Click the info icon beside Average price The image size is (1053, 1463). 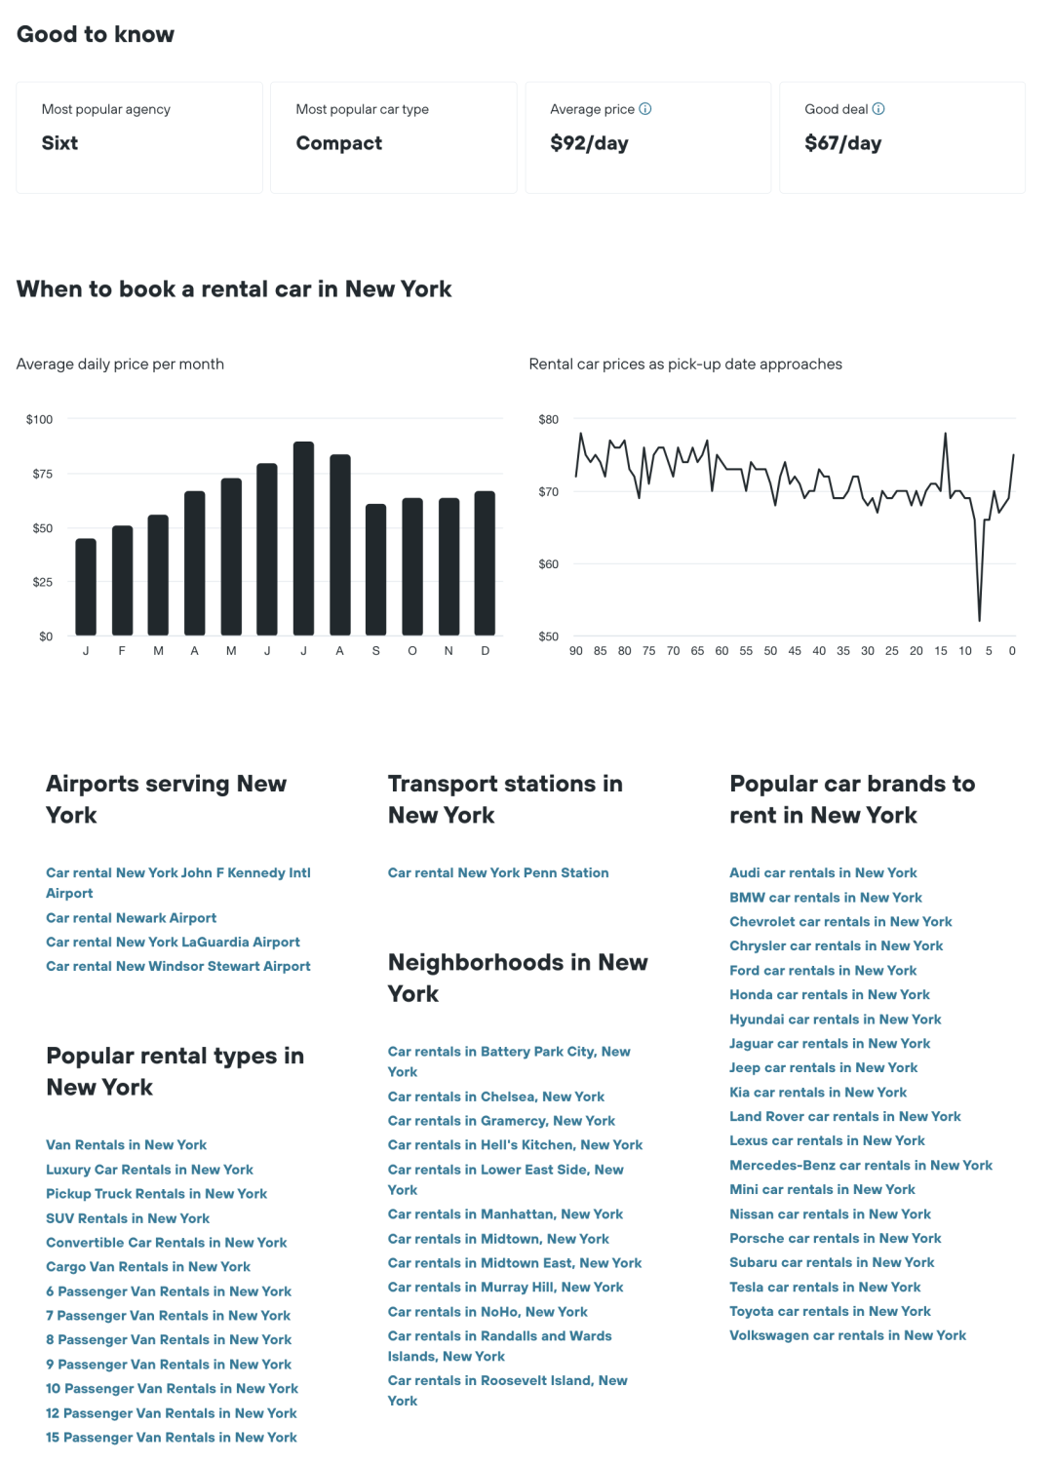coord(645,109)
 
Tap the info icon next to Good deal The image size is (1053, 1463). coord(878,109)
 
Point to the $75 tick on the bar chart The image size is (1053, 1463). coord(42,474)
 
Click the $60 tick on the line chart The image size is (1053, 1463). coord(549,564)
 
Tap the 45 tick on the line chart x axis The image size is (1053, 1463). coord(795,651)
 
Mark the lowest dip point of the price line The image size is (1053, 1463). coord(979,619)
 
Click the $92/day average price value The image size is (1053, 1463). coord(589,143)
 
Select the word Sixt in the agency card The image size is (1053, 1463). coord(59,143)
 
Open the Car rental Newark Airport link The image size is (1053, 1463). coord(131,918)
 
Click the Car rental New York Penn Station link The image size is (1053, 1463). coord(498,873)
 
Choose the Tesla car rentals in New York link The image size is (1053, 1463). coord(825,1288)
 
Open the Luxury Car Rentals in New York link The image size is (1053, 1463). coord(149,1170)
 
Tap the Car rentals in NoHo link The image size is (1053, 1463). coord(487,1312)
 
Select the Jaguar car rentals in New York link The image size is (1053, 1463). coord(830,1044)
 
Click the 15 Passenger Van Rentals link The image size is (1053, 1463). coord(171,1438)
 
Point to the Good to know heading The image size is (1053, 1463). coord(96,34)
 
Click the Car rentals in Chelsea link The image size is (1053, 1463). coord(496,1097)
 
